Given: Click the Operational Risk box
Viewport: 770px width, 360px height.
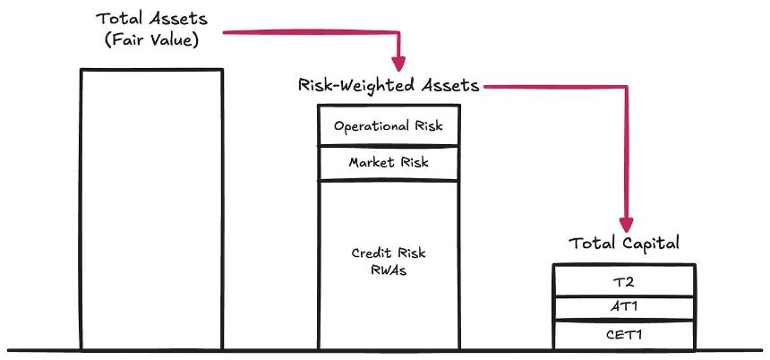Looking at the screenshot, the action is [x=389, y=125].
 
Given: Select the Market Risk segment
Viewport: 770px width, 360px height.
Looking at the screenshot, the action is [x=389, y=163].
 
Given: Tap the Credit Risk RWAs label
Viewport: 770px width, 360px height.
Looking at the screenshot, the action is [x=389, y=261].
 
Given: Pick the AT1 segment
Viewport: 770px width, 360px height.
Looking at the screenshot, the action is [x=624, y=308].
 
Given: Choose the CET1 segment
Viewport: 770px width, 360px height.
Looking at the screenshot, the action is [x=624, y=335].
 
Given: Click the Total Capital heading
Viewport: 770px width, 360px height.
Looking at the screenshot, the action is [x=624, y=243].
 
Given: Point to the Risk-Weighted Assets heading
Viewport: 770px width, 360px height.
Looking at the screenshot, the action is [x=389, y=85].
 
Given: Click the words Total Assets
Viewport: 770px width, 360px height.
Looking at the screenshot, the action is [x=151, y=19].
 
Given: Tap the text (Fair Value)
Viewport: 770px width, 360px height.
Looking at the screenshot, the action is [x=151, y=39].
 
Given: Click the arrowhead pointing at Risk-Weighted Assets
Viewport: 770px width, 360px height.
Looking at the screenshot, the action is [x=398, y=64].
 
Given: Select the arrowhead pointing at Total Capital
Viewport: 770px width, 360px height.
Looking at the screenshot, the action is [x=626, y=225].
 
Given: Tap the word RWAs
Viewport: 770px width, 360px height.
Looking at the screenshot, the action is [x=389, y=270].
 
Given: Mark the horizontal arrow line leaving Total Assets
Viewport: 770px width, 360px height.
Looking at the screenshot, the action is [x=312, y=32].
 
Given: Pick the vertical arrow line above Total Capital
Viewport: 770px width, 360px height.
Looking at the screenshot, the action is [x=626, y=152].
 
